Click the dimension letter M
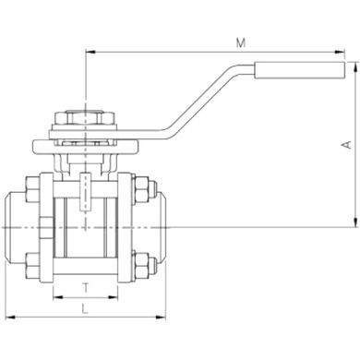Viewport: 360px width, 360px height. coord(241,42)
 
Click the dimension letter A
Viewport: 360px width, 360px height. coord(347,145)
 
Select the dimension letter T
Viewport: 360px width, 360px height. coord(86,288)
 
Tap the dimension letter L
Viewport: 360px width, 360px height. coord(85,308)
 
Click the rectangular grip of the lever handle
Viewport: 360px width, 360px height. coord(299,70)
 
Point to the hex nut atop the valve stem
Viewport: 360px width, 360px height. coord(85,117)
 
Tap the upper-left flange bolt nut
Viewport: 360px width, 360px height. coord(32,189)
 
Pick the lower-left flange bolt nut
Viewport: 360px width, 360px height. coord(32,265)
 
